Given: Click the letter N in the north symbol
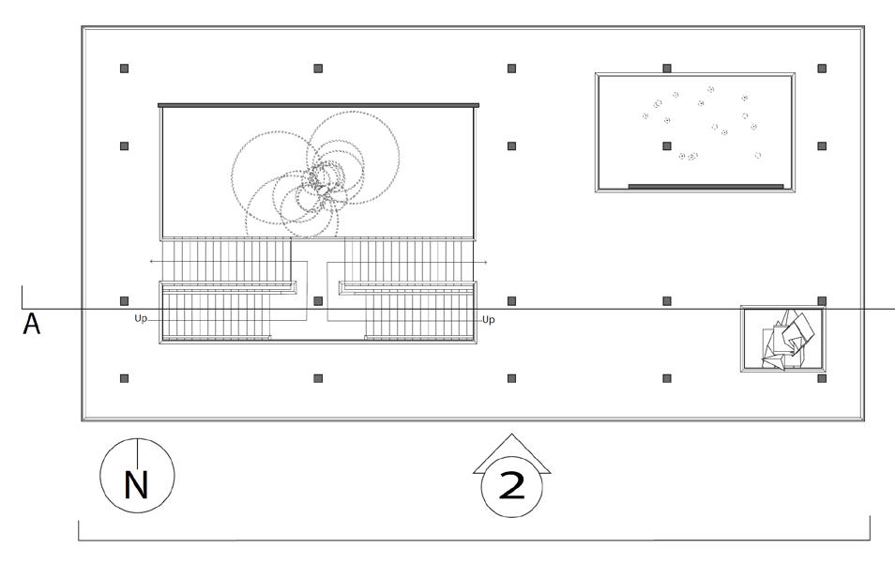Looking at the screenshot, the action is point(137,485).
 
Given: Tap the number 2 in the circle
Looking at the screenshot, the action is point(511,486).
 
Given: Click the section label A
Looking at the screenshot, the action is point(32,325).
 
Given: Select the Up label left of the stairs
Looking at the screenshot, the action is point(141,319).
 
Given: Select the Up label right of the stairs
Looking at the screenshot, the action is point(488,320).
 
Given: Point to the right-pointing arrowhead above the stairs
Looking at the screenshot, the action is point(484,262).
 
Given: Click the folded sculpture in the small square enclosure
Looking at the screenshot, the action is point(786,341).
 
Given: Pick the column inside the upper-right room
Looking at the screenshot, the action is point(667,146).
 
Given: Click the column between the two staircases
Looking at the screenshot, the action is point(318,301).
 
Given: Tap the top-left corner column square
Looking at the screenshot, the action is point(124,69).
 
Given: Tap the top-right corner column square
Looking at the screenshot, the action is point(822,69).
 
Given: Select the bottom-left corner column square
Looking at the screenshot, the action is point(124,378).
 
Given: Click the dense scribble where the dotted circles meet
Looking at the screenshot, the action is point(321,180).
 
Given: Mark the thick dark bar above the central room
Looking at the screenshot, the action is point(318,105).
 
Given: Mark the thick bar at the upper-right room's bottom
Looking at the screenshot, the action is point(705,186).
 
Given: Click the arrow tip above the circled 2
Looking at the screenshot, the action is point(511,436).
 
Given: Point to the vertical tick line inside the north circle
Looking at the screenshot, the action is point(137,455).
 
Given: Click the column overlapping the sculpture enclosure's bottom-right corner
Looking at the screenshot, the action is point(822,378).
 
